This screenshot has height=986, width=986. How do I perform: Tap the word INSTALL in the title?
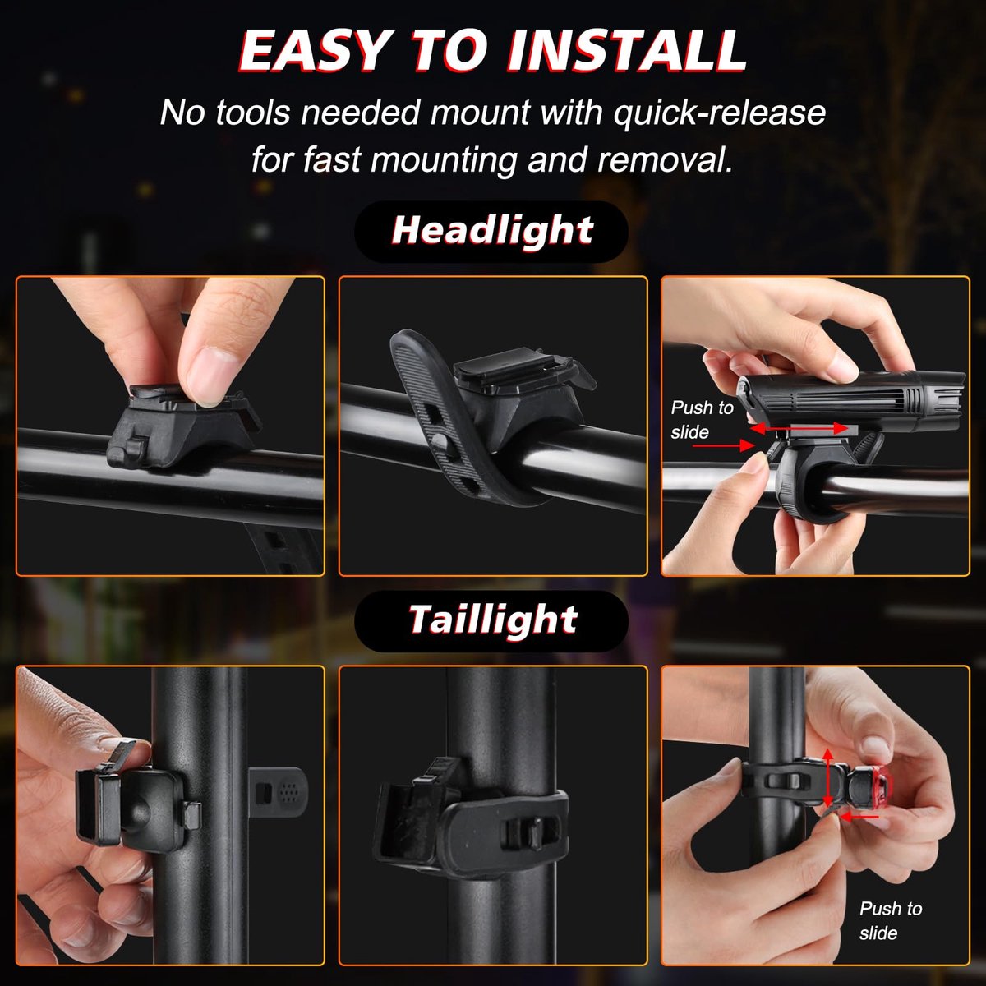point(627,50)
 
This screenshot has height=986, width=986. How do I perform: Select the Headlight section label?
point(492,231)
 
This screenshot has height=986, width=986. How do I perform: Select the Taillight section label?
point(493,620)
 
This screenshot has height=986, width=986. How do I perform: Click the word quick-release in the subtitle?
point(720,113)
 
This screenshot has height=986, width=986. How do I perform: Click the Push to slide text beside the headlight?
point(702,420)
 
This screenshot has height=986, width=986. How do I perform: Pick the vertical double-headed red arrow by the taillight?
point(827,786)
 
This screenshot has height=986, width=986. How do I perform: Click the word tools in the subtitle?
point(253,112)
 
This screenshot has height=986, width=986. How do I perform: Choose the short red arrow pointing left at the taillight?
point(859,817)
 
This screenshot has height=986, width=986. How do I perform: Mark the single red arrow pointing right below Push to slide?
point(724,445)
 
